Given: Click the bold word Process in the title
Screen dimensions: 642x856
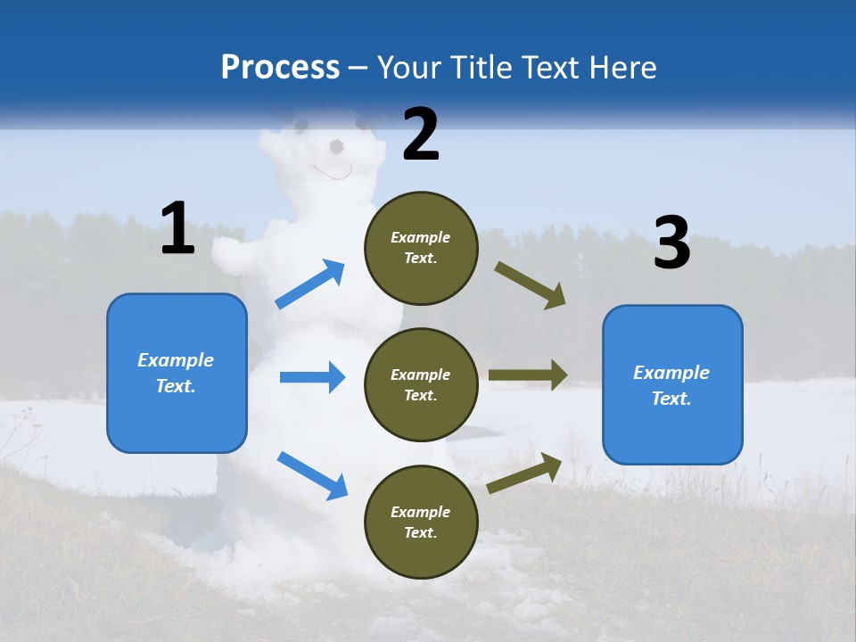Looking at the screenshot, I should tap(280, 68).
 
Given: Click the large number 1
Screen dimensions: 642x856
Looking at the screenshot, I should tap(177, 229).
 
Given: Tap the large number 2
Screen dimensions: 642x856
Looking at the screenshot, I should tap(421, 135).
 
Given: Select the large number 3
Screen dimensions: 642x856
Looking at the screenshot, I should tap(671, 243).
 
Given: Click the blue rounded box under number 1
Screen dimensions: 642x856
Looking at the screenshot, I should tap(177, 373).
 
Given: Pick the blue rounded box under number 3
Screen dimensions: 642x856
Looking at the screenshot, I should tap(672, 385).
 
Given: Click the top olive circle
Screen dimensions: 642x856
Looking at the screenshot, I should tap(421, 248).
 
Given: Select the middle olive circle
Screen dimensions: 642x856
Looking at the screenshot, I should tap(421, 385).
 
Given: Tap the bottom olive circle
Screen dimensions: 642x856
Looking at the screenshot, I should tap(421, 523).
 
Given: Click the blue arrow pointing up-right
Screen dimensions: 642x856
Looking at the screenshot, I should tap(309, 284).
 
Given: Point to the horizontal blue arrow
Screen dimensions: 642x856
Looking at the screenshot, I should tap(312, 377).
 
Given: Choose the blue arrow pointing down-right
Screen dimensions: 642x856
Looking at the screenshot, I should tap(312, 475).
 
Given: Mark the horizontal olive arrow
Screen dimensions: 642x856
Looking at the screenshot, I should tap(528, 375).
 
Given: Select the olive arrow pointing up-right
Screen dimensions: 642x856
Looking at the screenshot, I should tap(524, 473).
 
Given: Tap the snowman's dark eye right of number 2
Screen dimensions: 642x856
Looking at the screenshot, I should tap(337, 145).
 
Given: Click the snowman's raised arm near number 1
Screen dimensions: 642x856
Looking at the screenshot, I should tap(234, 255).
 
